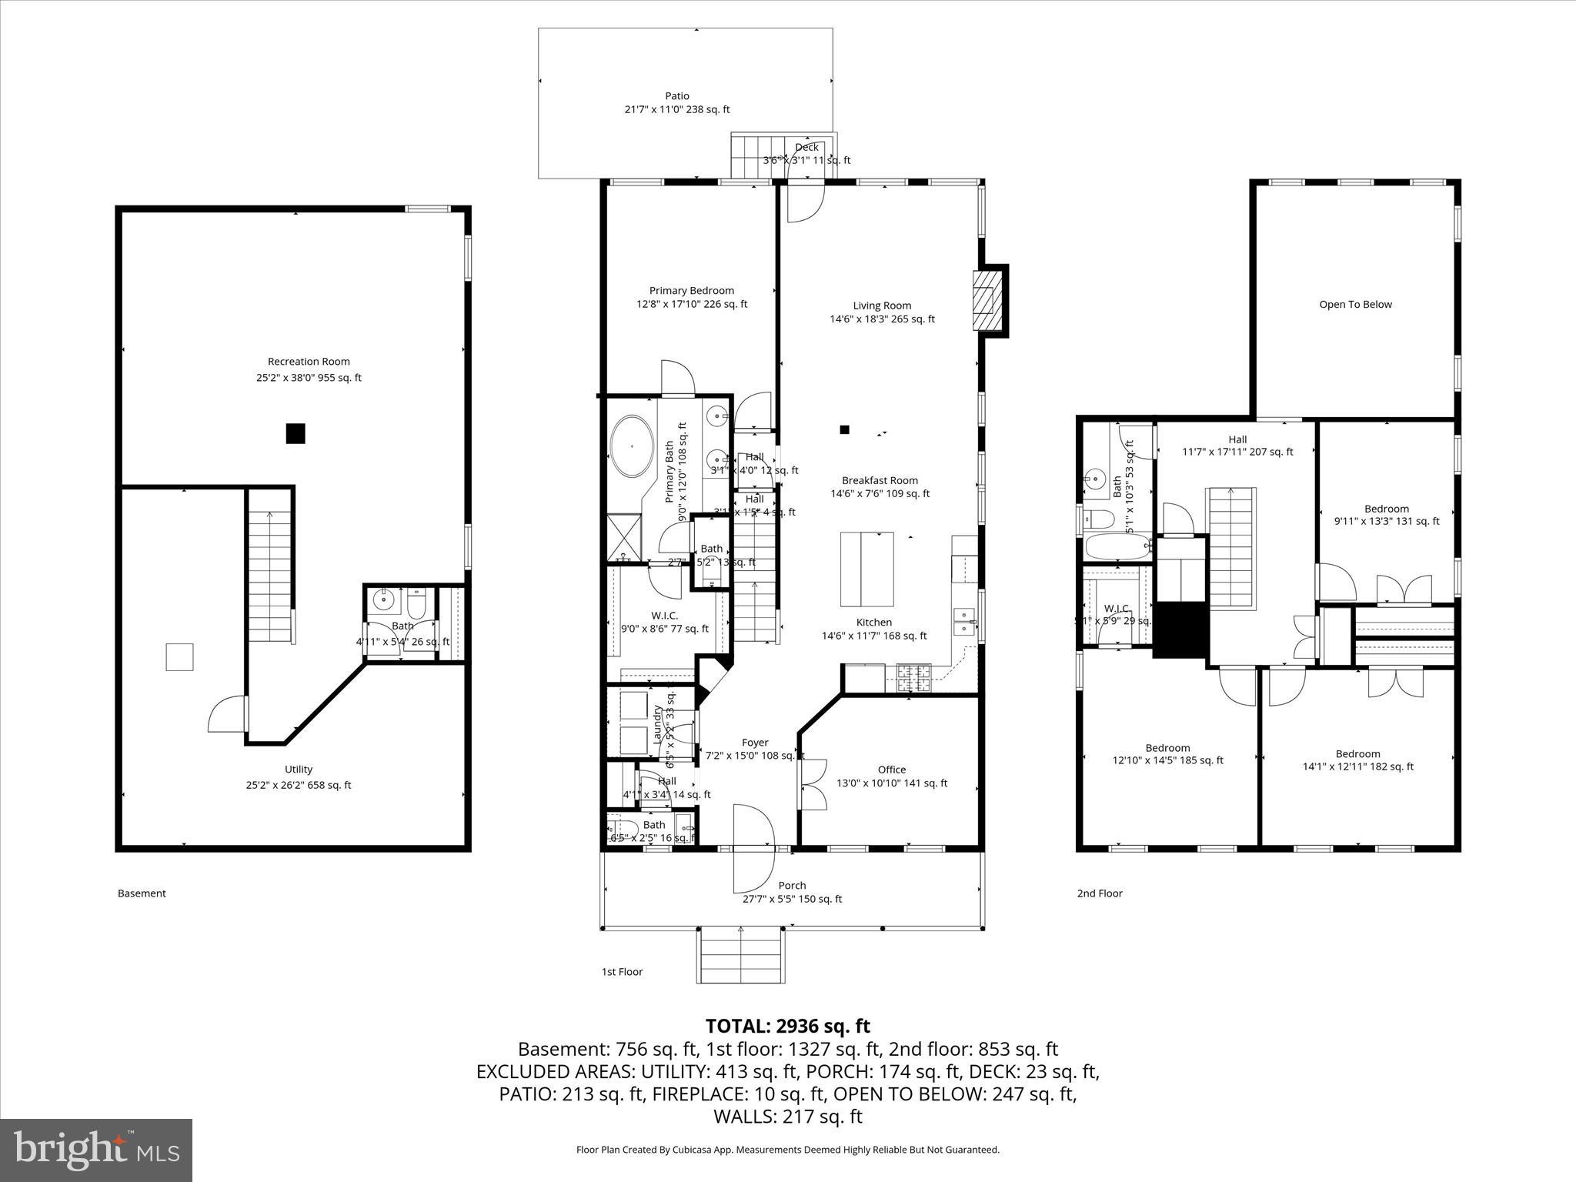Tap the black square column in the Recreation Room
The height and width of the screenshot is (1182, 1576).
coord(295,434)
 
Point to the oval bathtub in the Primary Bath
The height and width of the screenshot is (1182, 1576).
coord(632,446)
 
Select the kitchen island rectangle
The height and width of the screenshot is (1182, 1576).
coord(866,569)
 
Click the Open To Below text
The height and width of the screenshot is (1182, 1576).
coord(1355,304)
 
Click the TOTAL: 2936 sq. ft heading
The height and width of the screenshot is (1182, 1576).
coord(787,1026)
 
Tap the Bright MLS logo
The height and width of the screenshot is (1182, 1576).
coord(96,1150)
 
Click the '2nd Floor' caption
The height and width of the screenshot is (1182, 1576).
coord(1099,893)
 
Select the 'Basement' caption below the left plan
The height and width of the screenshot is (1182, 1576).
coord(142,893)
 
